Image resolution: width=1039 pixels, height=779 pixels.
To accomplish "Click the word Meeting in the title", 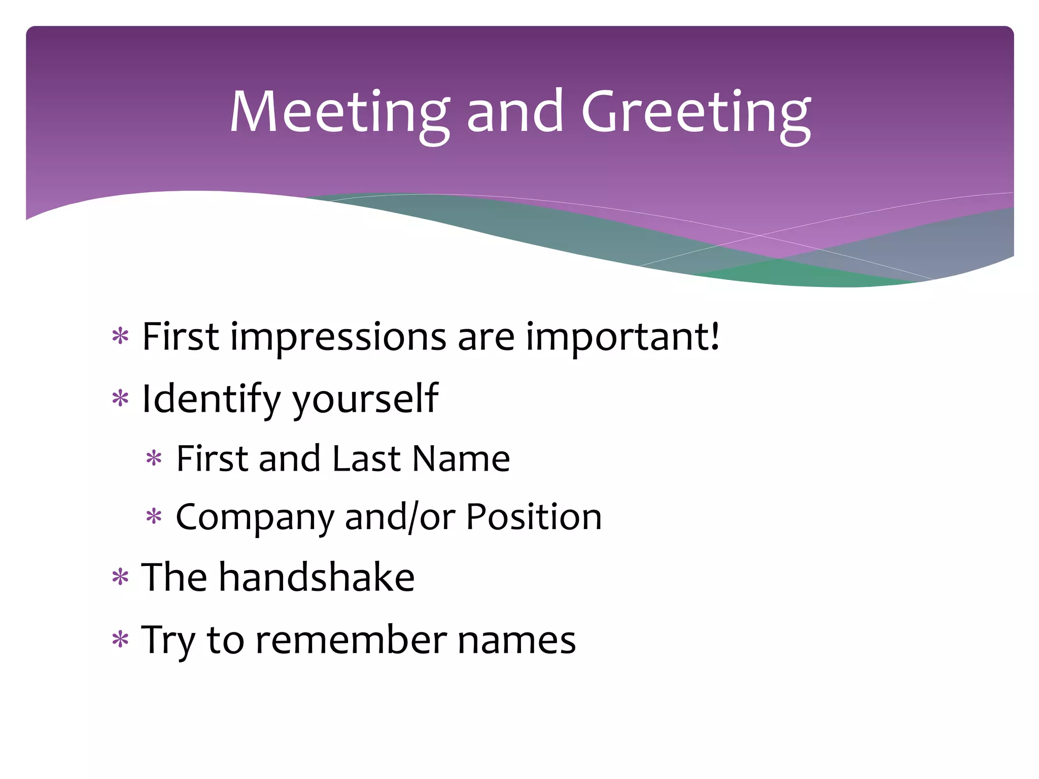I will pyautogui.click(x=339, y=112).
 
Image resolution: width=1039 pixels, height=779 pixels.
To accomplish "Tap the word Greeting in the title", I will pyautogui.click(x=696, y=112).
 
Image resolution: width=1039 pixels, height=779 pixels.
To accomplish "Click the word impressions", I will pyautogui.click(x=338, y=337).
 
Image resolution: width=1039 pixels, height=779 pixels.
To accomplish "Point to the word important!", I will pyautogui.click(x=622, y=337).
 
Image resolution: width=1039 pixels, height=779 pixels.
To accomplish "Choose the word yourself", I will pyautogui.click(x=365, y=399).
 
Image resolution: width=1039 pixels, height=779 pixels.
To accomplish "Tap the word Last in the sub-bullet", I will pyautogui.click(x=366, y=458).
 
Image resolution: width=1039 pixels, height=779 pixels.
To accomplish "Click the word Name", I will pyautogui.click(x=461, y=458).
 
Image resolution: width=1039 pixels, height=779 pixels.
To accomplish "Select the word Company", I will pyautogui.click(x=255, y=518).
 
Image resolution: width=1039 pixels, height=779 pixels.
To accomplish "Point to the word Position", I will pyautogui.click(x=534, y=517).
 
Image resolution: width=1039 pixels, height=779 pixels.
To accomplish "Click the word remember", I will pyautogui.click(x=351, y=640).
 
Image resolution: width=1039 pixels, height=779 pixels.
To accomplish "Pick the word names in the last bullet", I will pyautogui.click(x=516, y=641).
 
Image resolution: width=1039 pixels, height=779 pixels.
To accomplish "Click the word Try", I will pyautogui.click(x=168, y=641).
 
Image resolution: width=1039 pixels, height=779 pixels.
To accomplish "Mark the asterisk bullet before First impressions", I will pyautogui.click(x=121, y=337).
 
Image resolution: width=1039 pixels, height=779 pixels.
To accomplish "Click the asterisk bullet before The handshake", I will pyautogui.click(x=121, y=578).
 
